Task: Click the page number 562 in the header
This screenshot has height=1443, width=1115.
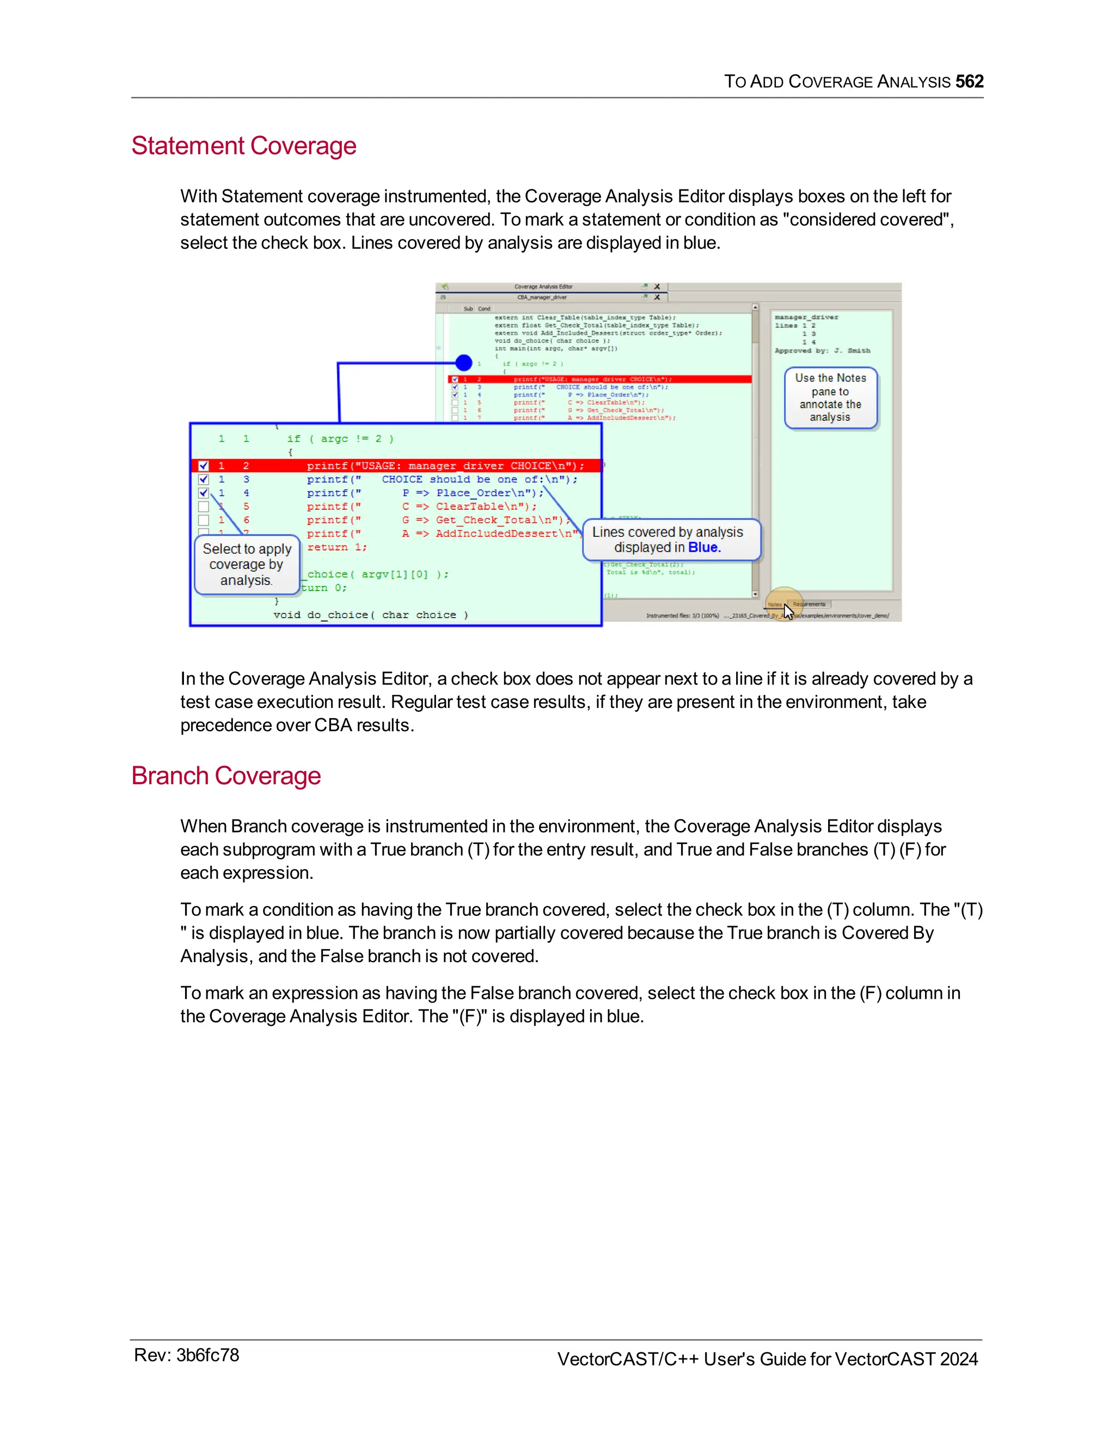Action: (x=969, y=81)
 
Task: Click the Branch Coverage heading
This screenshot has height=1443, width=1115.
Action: (x=225, y=775)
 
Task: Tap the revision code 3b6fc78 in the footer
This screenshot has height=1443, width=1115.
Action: (x=207, y=1355)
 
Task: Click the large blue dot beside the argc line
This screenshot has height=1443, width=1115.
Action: (x=464, y=362)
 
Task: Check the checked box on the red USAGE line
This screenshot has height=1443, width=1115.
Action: (x=204, y=466)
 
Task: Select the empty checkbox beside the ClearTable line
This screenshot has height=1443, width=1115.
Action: (x=204, y=507)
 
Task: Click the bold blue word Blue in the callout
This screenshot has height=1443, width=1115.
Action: (x=703, y=547)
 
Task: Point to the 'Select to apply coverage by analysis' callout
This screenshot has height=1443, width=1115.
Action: (x=247, y=564)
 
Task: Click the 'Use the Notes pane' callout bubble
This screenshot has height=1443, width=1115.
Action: (x=830, y=397)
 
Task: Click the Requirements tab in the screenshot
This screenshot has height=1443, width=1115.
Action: (x=809, y=604)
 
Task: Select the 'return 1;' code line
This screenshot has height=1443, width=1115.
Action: (x=337, y=547)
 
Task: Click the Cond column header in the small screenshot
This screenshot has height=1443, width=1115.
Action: (x=483, y=309)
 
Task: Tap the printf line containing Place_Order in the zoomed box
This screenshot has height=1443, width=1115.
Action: (x=425, y=493)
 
